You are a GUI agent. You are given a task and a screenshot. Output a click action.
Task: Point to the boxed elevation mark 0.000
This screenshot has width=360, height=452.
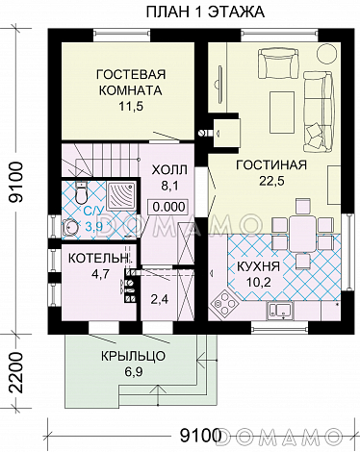(x=168, y=206)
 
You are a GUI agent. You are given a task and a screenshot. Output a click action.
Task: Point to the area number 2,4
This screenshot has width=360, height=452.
(x=162, y=299)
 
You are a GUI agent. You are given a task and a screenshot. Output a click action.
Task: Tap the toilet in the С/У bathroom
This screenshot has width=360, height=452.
(x=71, y=224)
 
